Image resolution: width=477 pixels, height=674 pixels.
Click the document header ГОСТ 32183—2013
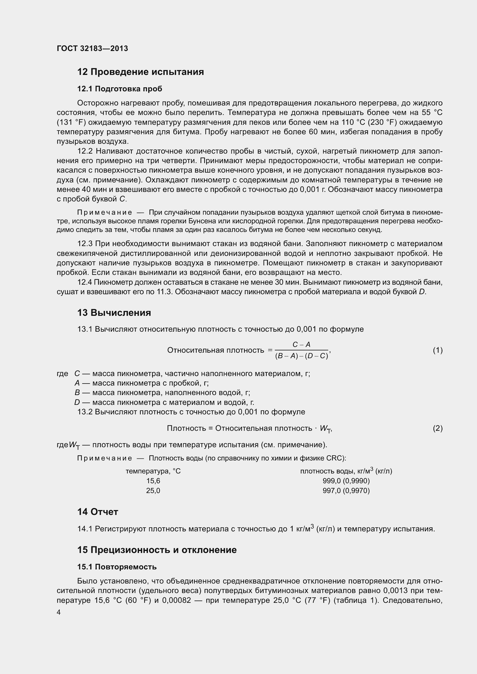pos(92,48)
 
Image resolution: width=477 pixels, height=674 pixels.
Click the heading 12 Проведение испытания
pos(140,72)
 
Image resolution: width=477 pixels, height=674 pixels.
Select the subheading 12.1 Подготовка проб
pos(120,89)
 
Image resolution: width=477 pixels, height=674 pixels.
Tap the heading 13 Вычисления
pos(114,313)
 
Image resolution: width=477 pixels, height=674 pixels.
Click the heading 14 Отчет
pos(97,512)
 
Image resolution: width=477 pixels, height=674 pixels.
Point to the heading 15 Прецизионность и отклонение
pos(157,550)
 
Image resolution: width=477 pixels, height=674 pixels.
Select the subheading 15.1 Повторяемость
pos(117,567)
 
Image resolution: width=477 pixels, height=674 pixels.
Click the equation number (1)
pos(438,350)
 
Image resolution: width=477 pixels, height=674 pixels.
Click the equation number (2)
pos(438,428)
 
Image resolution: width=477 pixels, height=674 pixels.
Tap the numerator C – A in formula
pos(301,345)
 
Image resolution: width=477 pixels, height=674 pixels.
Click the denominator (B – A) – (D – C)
pos(301,356)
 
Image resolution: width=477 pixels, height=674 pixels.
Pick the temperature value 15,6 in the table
pos(153,481)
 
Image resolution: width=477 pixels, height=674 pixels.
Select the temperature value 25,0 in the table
pos(153,490)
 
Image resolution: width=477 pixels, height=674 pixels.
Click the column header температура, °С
pos(153,471)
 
